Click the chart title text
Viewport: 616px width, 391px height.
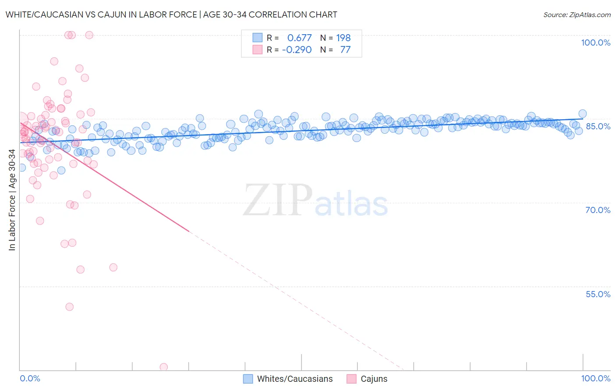[171, 14]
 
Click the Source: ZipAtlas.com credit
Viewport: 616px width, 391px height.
[577, 14]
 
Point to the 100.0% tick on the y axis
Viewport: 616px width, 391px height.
[595, 43]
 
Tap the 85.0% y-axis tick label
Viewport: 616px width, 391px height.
[598, 126]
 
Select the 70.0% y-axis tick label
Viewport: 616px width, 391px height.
[598, 210]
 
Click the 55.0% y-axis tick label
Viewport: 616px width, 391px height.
[598, 294]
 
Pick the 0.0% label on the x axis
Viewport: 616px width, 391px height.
[30, 378]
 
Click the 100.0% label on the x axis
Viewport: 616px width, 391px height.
[595, 378]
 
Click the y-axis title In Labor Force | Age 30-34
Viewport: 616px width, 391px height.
[12, 200]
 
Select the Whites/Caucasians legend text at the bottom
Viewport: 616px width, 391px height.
[295, 379]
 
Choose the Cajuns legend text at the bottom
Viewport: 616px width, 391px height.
[374, 379]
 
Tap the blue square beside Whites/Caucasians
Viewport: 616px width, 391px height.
[248, 379]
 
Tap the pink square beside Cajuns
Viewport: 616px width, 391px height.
[351, 379]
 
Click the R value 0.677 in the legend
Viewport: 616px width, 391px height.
[299, 38]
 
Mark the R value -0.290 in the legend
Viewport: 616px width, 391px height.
[297, 50]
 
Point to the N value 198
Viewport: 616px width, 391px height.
[343, 38]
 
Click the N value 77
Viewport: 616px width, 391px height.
[345, 50]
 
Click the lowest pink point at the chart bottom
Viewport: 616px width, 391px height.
[164, 367]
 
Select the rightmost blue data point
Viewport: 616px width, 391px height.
[583, 114]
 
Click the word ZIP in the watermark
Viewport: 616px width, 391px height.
[277, 200]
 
